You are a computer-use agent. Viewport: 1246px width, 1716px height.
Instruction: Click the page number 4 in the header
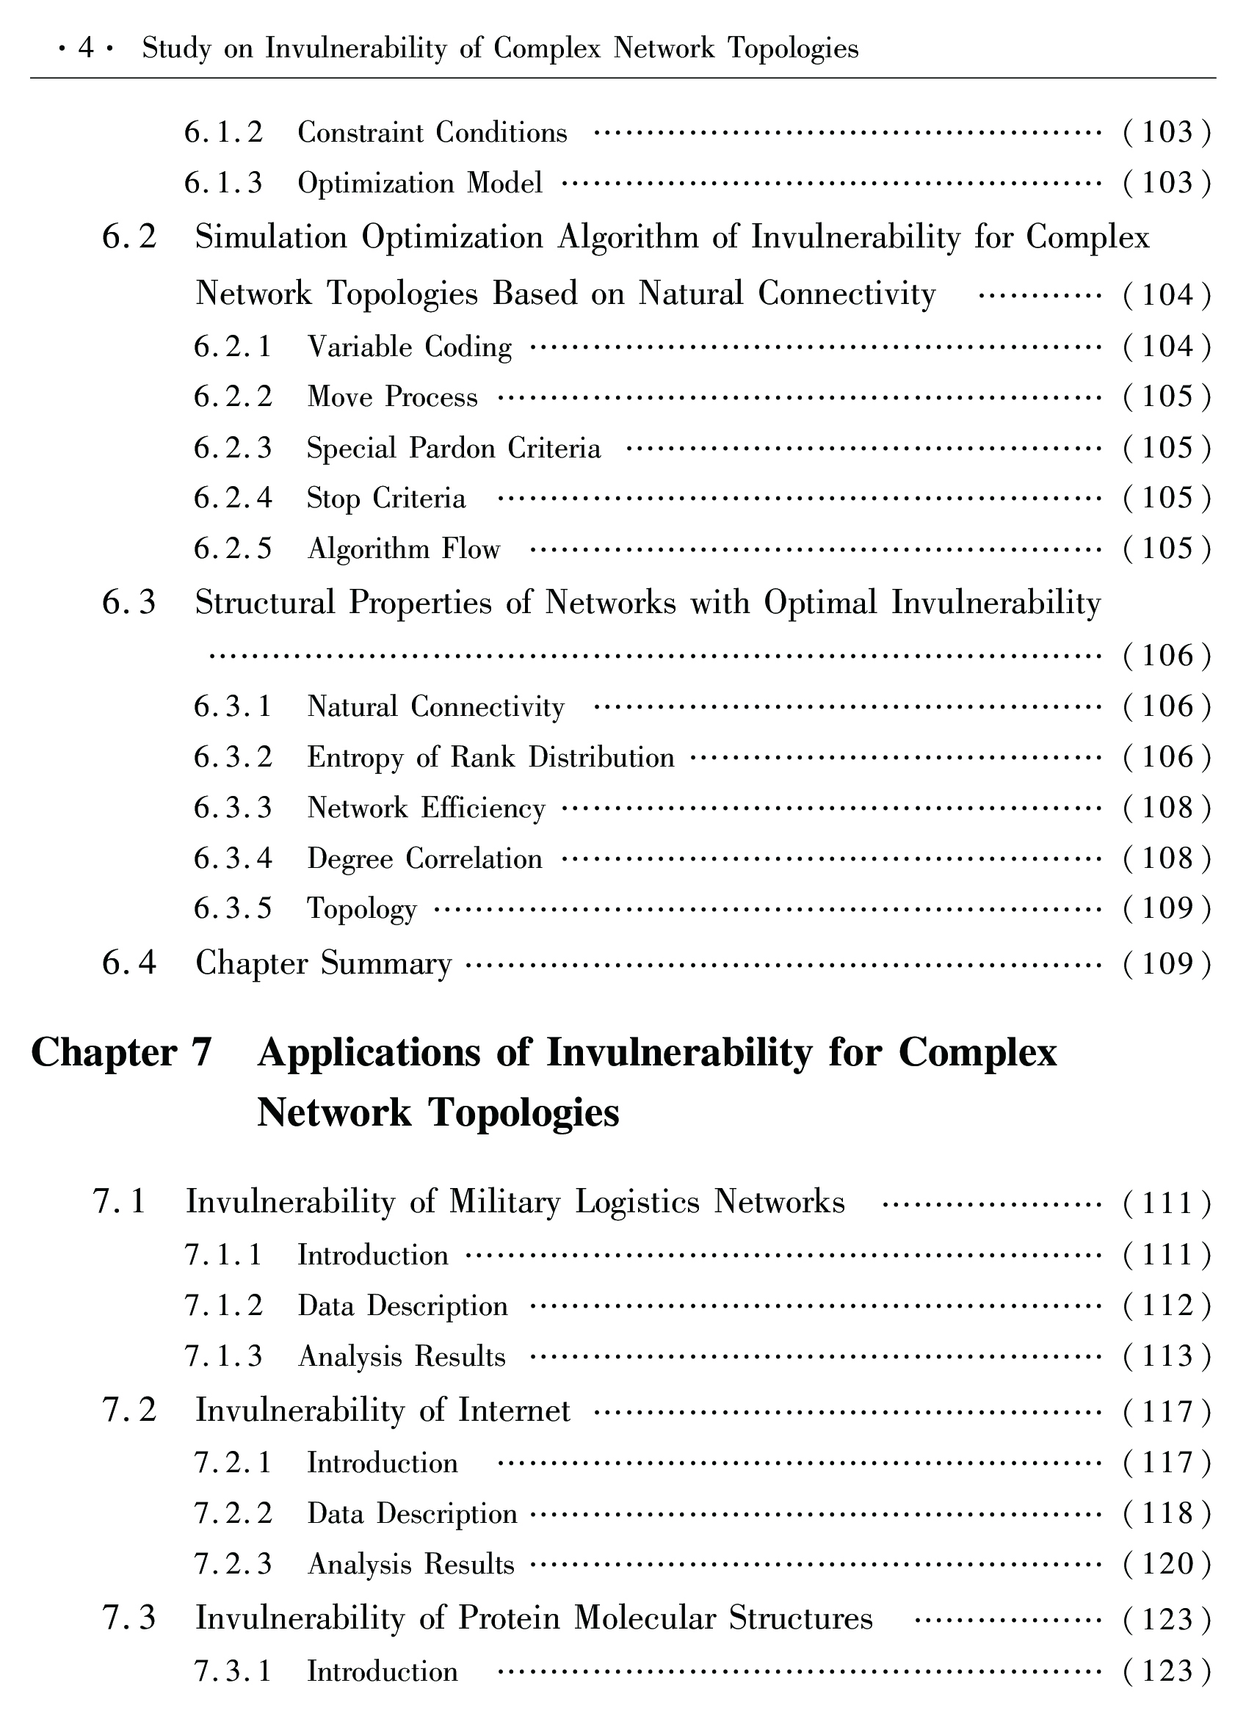point(85,49)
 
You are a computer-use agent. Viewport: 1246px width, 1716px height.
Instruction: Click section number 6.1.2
point(223,132)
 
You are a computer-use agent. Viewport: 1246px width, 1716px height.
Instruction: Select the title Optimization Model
point(420,183)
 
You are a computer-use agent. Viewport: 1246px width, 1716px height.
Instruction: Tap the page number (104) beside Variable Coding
point(1167,347)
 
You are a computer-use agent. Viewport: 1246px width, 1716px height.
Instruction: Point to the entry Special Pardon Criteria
point(453,448)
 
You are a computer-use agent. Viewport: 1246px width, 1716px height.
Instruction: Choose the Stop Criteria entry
point(385,499)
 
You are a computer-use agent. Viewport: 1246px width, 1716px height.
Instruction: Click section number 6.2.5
point(232,549)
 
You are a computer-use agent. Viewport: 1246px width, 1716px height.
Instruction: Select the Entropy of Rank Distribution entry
point(490,757)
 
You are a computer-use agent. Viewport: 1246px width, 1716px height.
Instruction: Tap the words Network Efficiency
point(426,808)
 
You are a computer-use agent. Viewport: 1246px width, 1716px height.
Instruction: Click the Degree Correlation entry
point(424,859)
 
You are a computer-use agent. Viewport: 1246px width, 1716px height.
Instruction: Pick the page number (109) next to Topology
point(1167,908)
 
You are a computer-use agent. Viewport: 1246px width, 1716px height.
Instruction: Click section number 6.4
point(129,963)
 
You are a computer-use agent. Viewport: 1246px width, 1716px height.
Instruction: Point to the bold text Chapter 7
point(121,1052)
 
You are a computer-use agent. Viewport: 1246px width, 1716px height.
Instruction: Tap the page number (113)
point(1167,1356)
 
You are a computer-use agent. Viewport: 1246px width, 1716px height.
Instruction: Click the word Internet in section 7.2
point(514,1411)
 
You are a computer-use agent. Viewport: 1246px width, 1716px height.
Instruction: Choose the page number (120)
point(1167,1564)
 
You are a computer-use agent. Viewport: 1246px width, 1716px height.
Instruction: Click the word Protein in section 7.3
point(509,1618)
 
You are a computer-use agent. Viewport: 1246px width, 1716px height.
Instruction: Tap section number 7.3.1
point(232,1670)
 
